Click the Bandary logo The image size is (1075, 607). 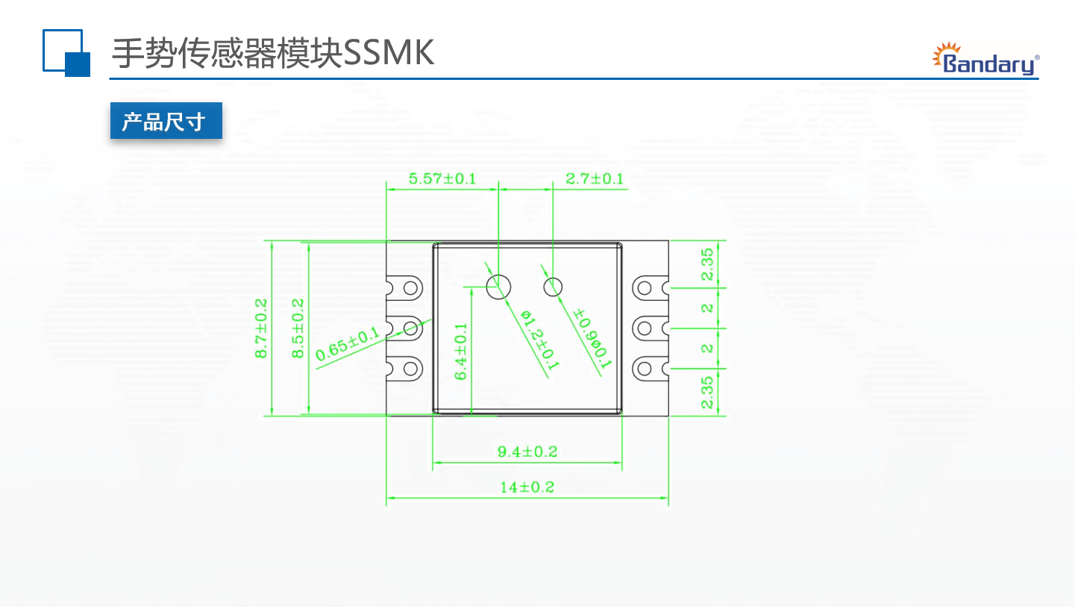point(986,60)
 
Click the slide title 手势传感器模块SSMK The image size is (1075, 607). point(273,53)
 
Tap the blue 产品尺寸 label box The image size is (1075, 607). point(166,121)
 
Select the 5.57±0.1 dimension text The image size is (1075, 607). point(442,179)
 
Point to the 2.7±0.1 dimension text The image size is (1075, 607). point(594,179)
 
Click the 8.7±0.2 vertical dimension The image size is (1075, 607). point(262,329)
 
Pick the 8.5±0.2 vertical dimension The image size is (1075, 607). point(298,329)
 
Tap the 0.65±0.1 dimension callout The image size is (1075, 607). point(348,344)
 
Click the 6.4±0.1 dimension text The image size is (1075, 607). point(461,351)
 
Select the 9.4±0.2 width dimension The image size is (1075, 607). point(527,452)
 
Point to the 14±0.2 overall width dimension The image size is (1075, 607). point(527,488)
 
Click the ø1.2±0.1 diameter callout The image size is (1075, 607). point(539,340)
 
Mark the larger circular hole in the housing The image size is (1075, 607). point(498,285)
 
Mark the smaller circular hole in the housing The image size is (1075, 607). point(554,285)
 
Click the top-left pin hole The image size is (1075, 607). point(410,287)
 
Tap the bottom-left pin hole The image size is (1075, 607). point(410,368)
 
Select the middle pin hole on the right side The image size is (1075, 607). point(645,328)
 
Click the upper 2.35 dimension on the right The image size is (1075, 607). point(708,264)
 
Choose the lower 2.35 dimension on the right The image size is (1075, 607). point(708,392)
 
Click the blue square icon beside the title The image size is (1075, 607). point(66,52)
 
